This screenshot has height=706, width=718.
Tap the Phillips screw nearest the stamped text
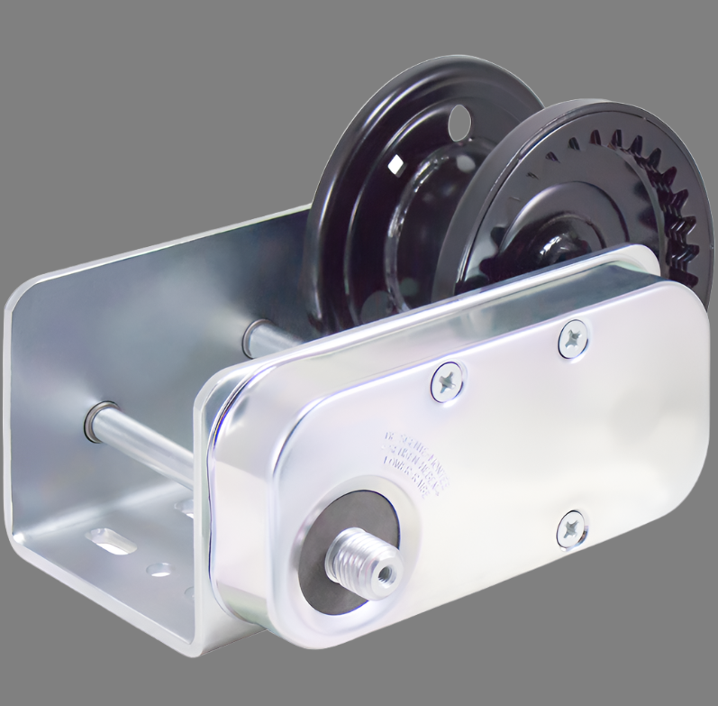pyautogui.click(x=447, y=381)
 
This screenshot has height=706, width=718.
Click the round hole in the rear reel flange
pyautogui.click(x=459, y=117)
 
